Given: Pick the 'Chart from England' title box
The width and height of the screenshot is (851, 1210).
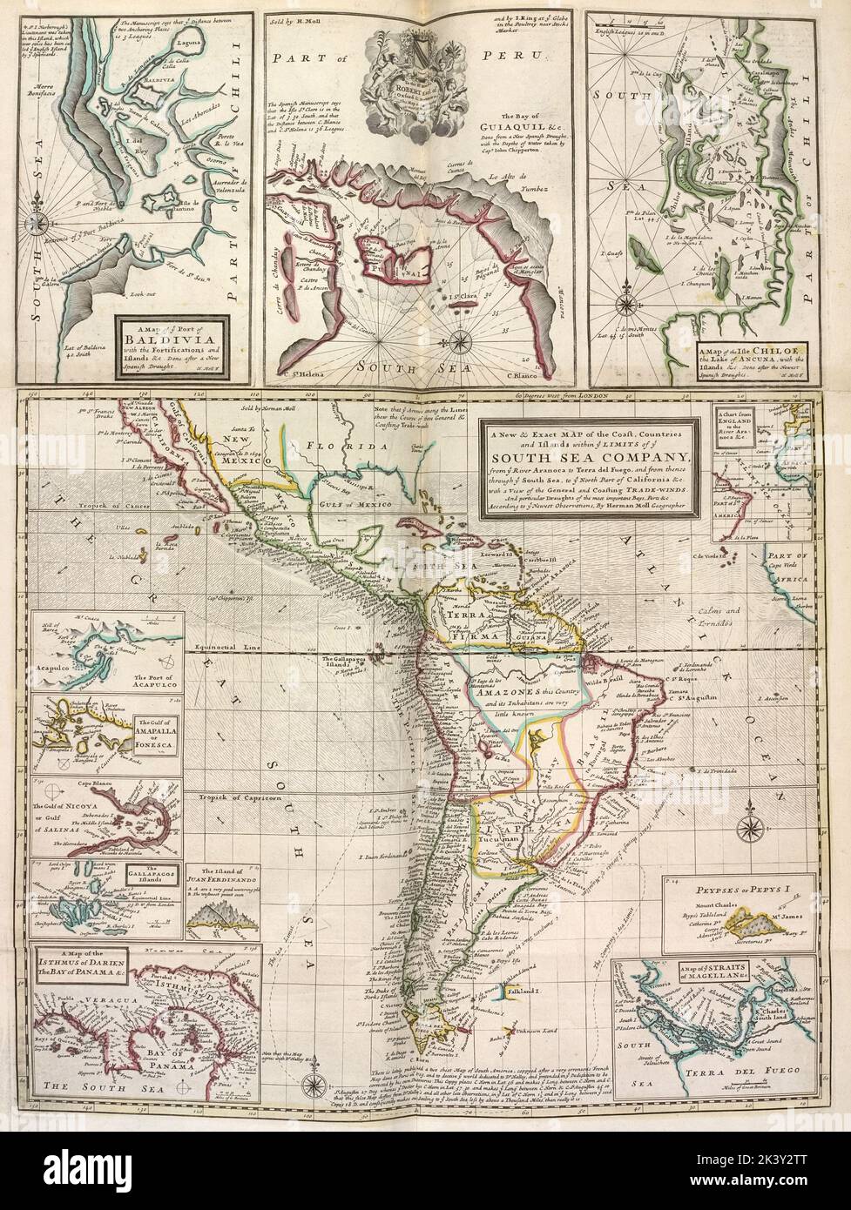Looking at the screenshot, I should pyautogui.click(x=731, y=425).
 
